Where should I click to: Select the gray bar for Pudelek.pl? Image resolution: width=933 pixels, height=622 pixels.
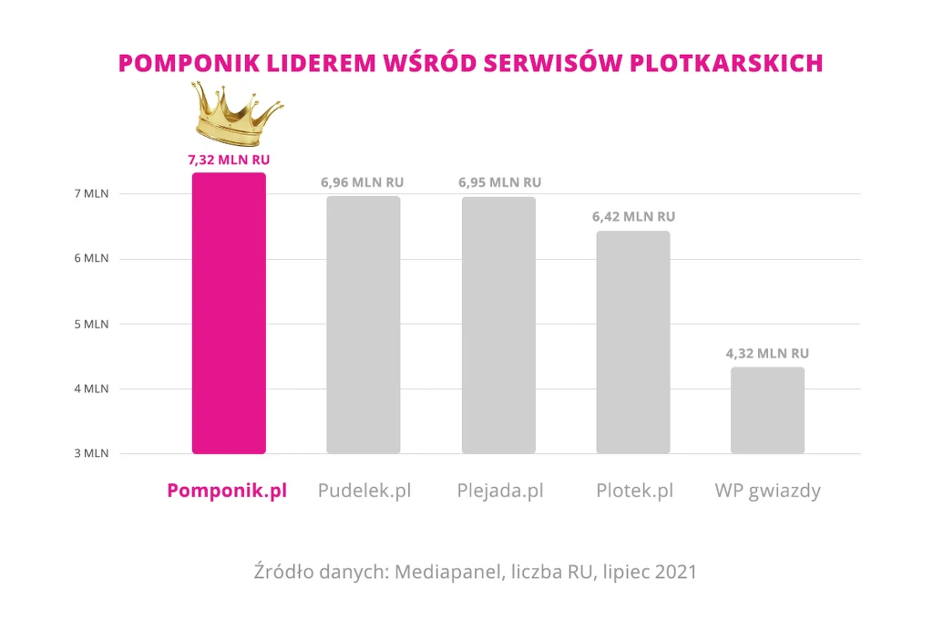pyautogui.click(x=364, y=325)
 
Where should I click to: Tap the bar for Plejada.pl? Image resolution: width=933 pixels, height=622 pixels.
pyautogui.click(x=498, y=325)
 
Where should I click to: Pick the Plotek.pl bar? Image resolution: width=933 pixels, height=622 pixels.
pyautogui.click(x=633, y=342)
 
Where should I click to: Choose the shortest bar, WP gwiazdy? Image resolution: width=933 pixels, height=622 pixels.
pyautogui.click(x=768, y=410)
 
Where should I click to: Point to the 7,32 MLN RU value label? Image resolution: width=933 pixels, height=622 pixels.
pyautogui.click(x=229, y=160)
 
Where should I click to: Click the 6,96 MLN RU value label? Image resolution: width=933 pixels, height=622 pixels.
pyautogui.click(x=362, y=182)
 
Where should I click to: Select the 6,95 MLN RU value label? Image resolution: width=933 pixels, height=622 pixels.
pyautogui.click(x=499, y=182)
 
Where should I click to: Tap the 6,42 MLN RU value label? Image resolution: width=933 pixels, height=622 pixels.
pyautogui.click(x=633, y=217)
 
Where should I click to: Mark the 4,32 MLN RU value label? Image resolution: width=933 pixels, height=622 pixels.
pyautogui.click(x=768, y=353)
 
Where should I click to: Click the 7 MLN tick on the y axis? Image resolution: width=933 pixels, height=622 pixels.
pyautogui.click(x=91, y=193)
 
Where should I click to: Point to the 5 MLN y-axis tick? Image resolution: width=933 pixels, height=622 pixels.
pyautogui.click(x=91, y=324)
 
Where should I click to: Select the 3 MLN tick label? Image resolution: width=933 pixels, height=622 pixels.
pyautogui.click(x=91, y=453)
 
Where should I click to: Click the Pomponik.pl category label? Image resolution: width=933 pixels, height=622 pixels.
pyautogui.click(x=227, y=491)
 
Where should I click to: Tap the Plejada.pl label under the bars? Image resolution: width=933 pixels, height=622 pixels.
pyautogui.click(x=500, y=491)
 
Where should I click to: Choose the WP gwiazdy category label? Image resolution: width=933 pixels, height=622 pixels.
pyautogui.click(x=768, y=491)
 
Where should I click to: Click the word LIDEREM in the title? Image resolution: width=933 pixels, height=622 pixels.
pyautogui.click(x=301, y=62)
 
